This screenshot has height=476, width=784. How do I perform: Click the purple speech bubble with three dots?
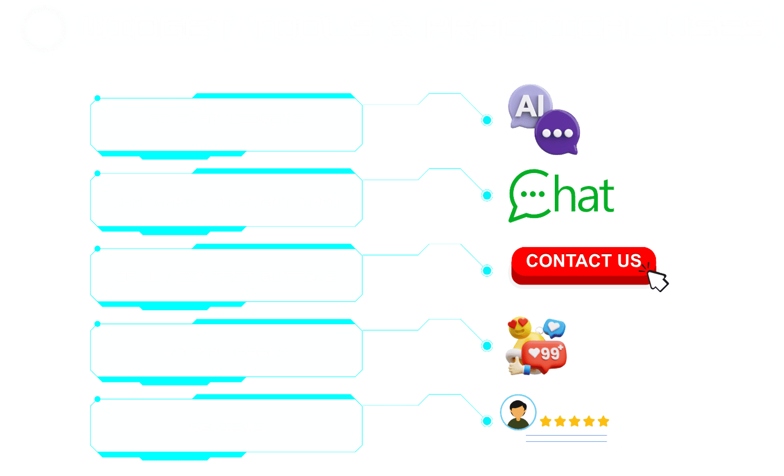[557, 132]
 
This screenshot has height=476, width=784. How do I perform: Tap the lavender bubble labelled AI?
[529, 106]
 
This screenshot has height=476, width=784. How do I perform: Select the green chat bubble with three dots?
[530, 195]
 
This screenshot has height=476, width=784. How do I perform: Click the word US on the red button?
[629, 261]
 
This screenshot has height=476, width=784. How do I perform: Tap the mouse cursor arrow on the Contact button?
[657, 279]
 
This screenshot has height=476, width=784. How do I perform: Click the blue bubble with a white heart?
[554, 328]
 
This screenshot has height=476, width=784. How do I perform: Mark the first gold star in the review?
[546, 422]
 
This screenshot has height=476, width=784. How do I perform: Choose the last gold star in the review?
[603, 422]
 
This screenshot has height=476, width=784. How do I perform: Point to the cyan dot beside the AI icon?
[487, 120]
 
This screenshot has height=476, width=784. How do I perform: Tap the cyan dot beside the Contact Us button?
[487, 270]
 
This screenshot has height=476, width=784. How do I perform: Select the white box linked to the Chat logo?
[226, 199]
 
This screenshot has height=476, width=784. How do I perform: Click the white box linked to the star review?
[226, 425]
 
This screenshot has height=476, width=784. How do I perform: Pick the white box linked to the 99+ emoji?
[226, 350]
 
